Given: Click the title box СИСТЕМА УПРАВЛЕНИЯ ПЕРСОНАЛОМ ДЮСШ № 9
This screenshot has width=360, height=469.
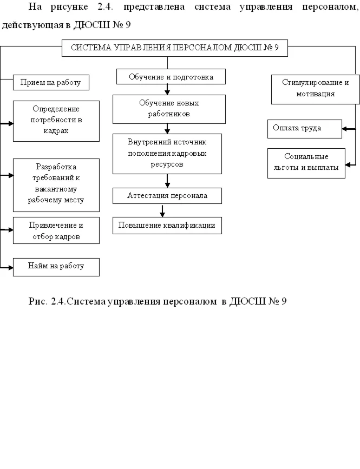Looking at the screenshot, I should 174,48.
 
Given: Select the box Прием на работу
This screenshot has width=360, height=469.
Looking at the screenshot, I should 50,82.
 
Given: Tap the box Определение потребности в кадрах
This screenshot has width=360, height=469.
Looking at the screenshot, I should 56,121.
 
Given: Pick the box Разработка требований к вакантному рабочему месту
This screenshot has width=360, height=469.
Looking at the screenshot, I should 56,184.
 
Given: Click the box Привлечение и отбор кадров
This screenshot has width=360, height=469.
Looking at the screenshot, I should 56,230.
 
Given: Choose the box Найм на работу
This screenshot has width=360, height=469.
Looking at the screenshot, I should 56,267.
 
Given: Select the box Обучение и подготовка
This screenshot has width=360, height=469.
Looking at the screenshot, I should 171,77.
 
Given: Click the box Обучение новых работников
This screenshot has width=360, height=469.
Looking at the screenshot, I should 169,109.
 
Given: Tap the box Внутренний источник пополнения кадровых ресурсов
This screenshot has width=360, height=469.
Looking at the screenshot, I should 167,154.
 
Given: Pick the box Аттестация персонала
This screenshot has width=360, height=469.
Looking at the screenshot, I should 167,195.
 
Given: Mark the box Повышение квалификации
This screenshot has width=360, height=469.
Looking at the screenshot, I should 167,226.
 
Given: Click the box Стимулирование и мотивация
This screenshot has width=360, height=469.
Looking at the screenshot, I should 315,89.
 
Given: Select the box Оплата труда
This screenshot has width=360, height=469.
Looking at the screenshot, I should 304,129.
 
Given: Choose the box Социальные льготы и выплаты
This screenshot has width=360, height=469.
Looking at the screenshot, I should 306,163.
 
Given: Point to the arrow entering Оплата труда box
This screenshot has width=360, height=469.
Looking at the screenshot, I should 348,129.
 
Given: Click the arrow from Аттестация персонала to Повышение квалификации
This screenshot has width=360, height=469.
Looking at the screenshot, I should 162,210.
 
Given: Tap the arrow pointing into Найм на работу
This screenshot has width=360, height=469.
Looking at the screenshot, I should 6,267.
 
